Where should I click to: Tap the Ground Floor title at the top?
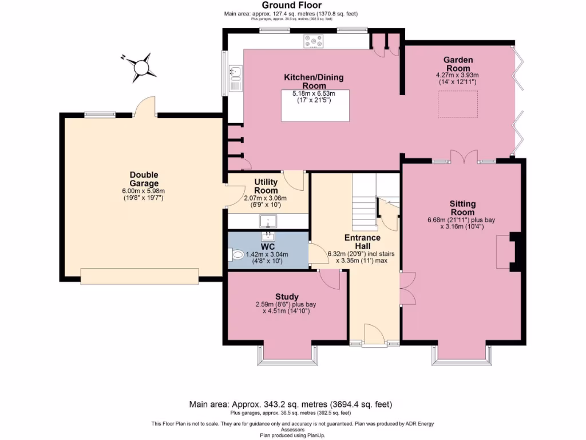pos(292,5)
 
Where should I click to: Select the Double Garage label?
pos(144,179)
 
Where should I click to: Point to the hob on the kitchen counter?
pos(313,41)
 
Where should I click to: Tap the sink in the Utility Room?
pos(267,221)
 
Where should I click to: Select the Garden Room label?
pos(457,64)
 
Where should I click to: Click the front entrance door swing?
pos(374,335)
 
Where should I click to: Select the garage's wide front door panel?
pos(140,276)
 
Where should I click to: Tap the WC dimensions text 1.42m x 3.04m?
pos(267,255)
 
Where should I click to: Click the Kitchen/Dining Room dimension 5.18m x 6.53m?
pos(313,93)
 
